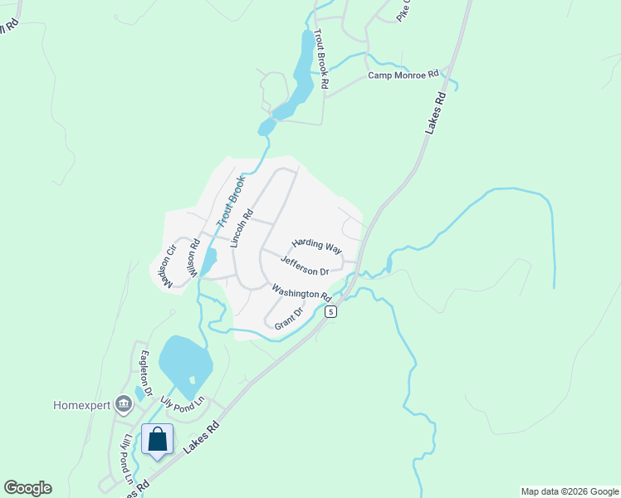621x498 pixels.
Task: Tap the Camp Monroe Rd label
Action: click(403, 76)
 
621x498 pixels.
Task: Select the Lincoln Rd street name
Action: click(242, 228)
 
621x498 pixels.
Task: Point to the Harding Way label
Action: click(316, 247)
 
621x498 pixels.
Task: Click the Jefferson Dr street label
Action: click(305, 266)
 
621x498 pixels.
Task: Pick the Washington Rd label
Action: click(302, 293)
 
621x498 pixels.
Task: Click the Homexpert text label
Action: click(81, 405)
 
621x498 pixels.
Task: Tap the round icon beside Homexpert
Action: click(125, 404)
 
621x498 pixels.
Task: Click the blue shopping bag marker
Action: click(157, 439)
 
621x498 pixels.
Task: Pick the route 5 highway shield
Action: click(330, 311)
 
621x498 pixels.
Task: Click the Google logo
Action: click(27, 488)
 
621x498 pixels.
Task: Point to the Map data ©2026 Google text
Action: click(569, 491)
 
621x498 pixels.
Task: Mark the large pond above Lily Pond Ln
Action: click(184, 361)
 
